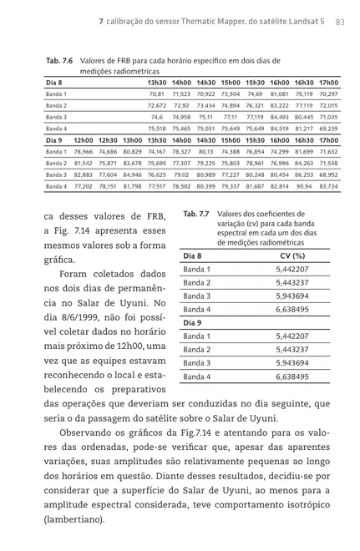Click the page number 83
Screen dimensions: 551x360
click(341, 21)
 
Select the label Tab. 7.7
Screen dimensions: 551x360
click(196, 215)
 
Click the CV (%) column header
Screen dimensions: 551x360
click(290, 255)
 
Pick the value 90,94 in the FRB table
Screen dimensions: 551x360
click(304, 186)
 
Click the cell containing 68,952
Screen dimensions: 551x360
click(328, 174)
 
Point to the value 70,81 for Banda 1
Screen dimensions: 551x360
click(156, 94)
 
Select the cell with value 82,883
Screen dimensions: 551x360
click(83, 174)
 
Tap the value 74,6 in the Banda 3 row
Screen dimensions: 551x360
click(157, 118)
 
